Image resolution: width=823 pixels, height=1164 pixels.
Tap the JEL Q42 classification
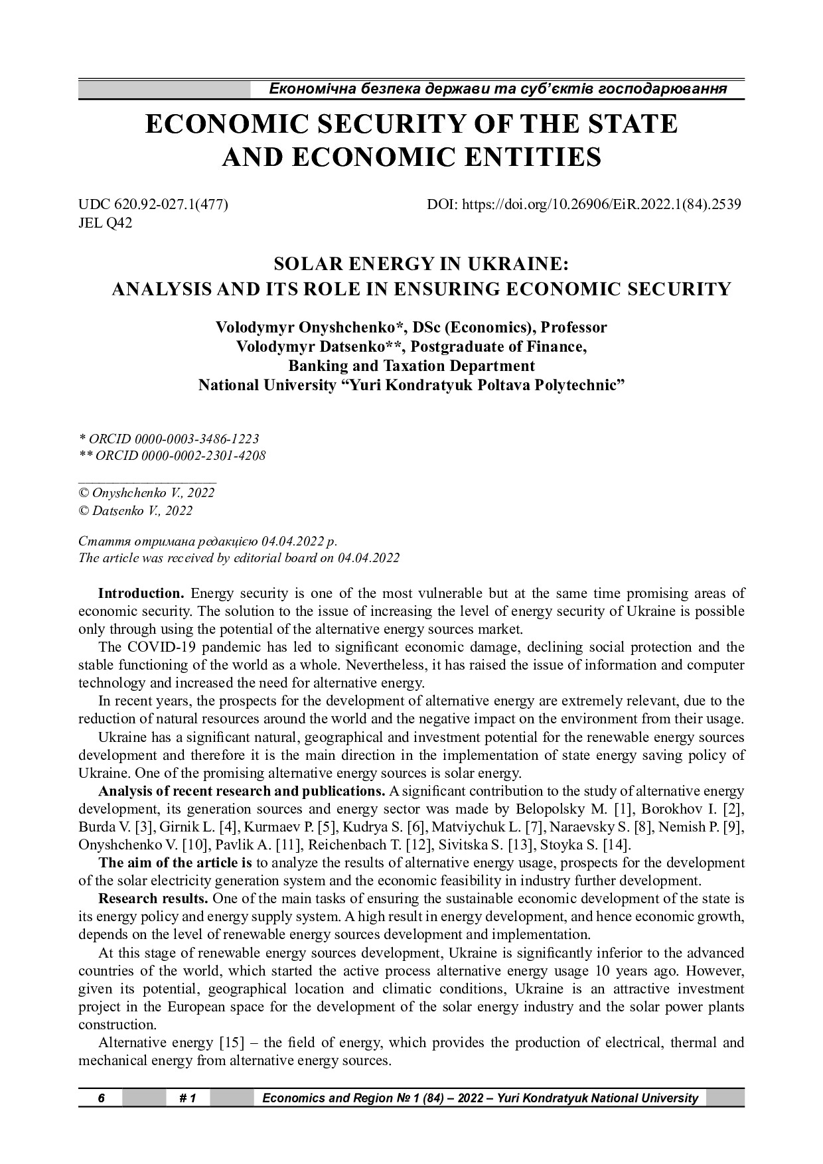106,223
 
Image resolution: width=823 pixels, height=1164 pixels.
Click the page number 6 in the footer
101,1098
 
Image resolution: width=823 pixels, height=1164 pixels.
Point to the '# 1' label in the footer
188,1098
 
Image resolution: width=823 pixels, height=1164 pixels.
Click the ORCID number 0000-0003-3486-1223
197,439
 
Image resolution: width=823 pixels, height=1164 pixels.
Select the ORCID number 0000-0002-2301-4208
200,456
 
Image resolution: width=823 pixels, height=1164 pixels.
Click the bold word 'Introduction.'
141,593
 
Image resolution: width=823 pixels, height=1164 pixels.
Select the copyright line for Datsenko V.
135,510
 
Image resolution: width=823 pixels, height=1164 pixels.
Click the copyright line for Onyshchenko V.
146,493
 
